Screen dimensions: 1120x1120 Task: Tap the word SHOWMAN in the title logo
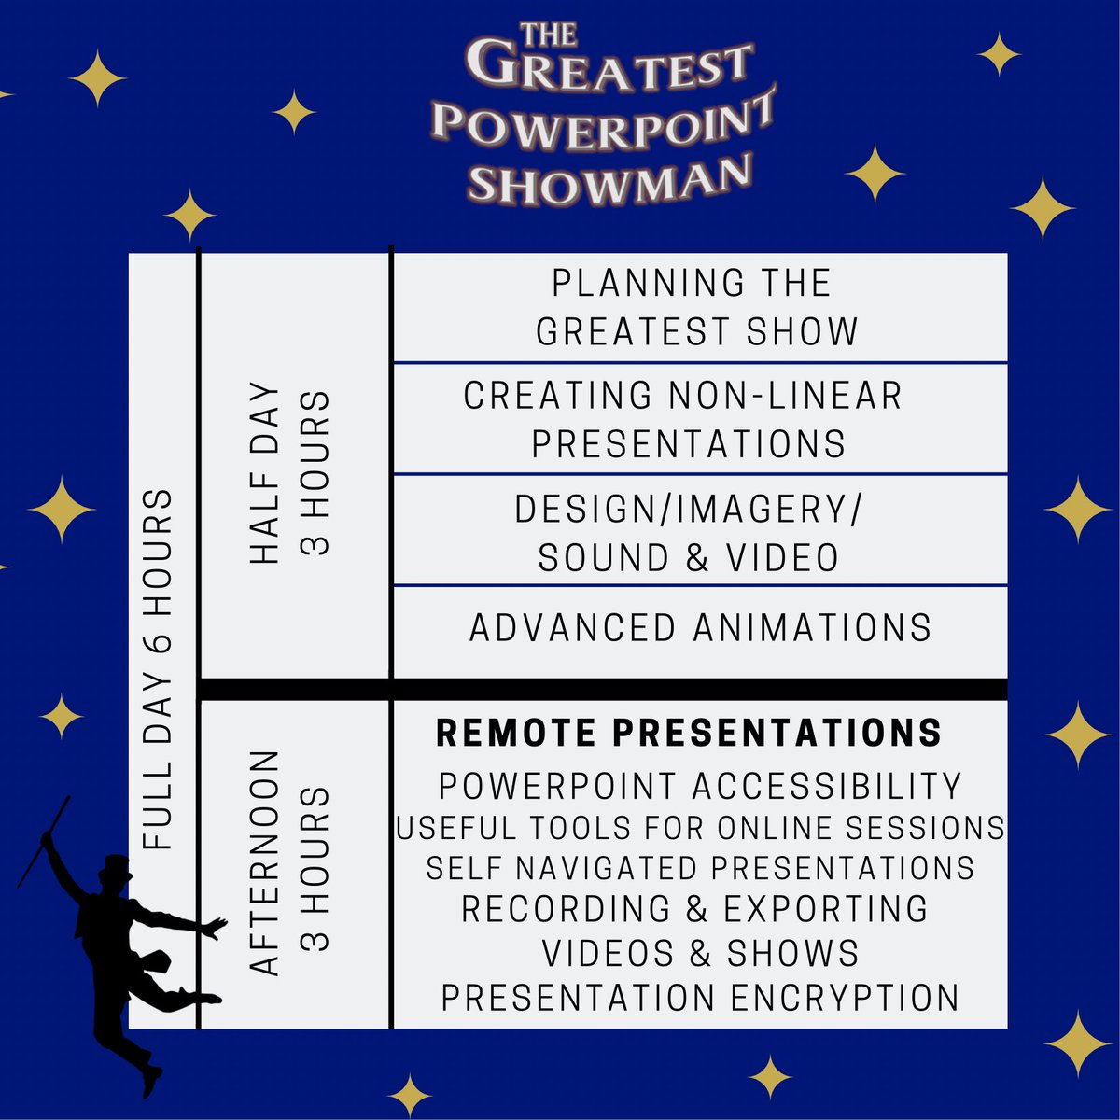point(609,177)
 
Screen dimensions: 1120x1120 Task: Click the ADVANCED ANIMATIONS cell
point(700,628)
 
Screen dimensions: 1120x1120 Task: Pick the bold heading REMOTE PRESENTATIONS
point(689,734)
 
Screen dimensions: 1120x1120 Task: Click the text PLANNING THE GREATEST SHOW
point(695,307)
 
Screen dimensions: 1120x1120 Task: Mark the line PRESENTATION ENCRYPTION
point(700,998)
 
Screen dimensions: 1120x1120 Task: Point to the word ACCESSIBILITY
point(827,787)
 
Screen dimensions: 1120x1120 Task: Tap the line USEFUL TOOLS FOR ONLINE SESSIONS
point(700,827)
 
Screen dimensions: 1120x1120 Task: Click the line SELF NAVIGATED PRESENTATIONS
point(700,868)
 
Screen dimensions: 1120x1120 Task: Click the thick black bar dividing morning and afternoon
point(603,689)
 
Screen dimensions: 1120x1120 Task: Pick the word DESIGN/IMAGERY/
point(689,511)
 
